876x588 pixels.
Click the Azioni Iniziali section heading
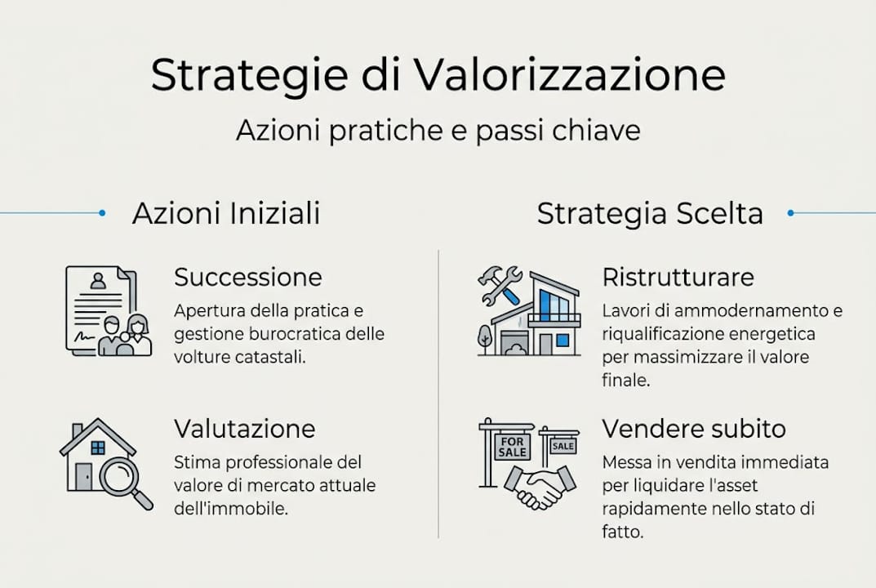(226, 214)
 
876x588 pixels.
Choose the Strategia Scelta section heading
(650, 214)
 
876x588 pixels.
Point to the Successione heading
(248, 278)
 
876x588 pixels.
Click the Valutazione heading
(245, 429)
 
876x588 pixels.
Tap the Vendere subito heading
(694, 429)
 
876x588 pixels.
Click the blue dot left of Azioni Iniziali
(102, 213)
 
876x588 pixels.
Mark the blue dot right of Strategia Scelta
(790, 213)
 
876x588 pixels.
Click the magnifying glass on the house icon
(124, 477)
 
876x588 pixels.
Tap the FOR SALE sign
(512, 446)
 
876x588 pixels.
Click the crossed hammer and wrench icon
(500, 285)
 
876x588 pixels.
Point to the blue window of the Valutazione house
(98, 447)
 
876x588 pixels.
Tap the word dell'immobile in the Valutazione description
(232, 508)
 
